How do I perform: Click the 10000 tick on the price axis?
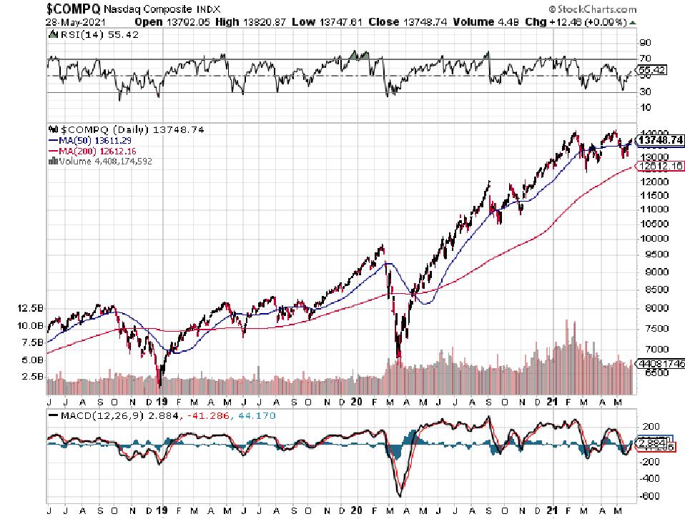pos(651,238)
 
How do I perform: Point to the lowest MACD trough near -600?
pos(399,495)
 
